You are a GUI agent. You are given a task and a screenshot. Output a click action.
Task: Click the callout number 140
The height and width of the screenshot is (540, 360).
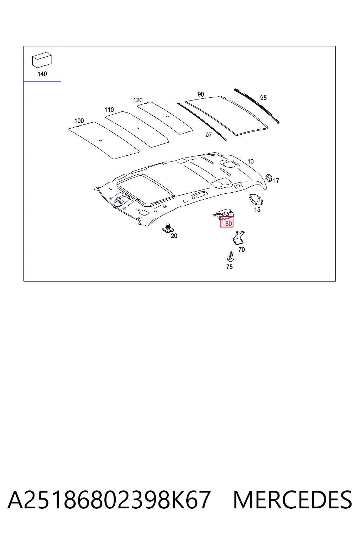[x=42, y=74]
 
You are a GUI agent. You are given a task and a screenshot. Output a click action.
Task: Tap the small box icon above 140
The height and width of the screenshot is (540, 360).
[x=42, y=60]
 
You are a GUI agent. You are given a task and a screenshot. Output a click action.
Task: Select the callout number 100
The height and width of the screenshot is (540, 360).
[x=79, y=121]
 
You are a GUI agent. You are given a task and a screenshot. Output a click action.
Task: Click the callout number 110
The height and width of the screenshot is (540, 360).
[x=109, y=110]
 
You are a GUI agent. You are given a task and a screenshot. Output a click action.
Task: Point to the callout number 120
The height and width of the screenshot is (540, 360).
[x=138, y=100]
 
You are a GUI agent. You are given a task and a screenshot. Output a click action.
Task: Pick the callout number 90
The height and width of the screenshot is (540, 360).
[x=201, y=94]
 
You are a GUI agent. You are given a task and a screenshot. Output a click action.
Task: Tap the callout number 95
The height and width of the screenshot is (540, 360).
[x=263, y=98]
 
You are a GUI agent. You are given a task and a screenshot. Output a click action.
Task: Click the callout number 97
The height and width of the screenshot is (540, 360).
[x=208, y=135]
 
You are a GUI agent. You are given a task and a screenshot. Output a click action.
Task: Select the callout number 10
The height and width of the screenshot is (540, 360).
[x=251, y=161]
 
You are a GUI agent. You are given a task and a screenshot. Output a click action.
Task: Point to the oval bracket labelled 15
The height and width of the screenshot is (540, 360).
[x=256, y=199]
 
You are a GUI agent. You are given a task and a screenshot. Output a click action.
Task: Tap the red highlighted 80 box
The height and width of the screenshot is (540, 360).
[x=227, y=222]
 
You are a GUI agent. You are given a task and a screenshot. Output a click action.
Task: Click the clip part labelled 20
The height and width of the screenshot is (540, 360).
[x=168, y=228]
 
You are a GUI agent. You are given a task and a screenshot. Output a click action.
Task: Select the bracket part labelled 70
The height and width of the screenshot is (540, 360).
[x=238, y=238]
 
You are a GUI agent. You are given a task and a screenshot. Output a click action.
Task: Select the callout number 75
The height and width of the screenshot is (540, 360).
[x=229, y=267]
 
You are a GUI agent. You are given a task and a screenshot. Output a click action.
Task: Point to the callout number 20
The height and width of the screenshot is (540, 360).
[x=174, y=236]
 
